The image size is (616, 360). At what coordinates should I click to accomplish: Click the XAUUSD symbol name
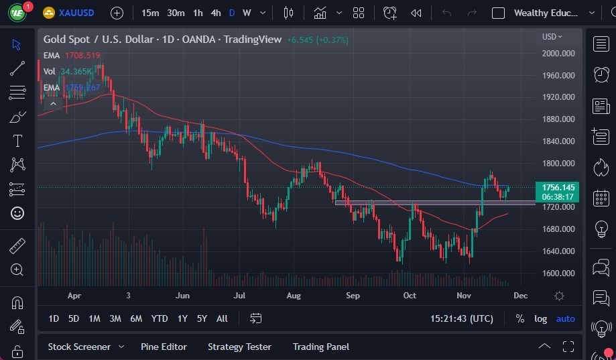point(76,13)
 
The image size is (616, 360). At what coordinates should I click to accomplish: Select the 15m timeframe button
point(151,13)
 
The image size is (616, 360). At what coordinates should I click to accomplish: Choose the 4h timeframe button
point(215,13)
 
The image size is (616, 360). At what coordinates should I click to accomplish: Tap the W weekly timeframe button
point(247,13)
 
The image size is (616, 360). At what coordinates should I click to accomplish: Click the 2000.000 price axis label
point(558,54)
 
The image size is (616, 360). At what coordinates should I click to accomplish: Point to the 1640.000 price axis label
point(558,251)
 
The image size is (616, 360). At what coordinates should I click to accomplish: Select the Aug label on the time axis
point(293,296)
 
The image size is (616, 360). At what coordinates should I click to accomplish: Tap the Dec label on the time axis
point(521,296)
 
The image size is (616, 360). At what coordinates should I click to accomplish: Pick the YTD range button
point(160,318)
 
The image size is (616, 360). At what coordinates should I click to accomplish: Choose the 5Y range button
point(202,318)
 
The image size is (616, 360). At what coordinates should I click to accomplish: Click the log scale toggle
point(540,318)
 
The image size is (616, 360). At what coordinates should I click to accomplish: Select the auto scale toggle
point(565,318)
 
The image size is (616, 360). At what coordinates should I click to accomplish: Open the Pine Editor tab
point(164,347)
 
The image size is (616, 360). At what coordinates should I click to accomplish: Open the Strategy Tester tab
point(239,347)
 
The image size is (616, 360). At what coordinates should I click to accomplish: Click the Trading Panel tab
point(320,347)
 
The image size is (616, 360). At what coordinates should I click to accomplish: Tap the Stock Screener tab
point(79,347)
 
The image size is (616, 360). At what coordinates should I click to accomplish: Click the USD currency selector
point(552,37)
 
